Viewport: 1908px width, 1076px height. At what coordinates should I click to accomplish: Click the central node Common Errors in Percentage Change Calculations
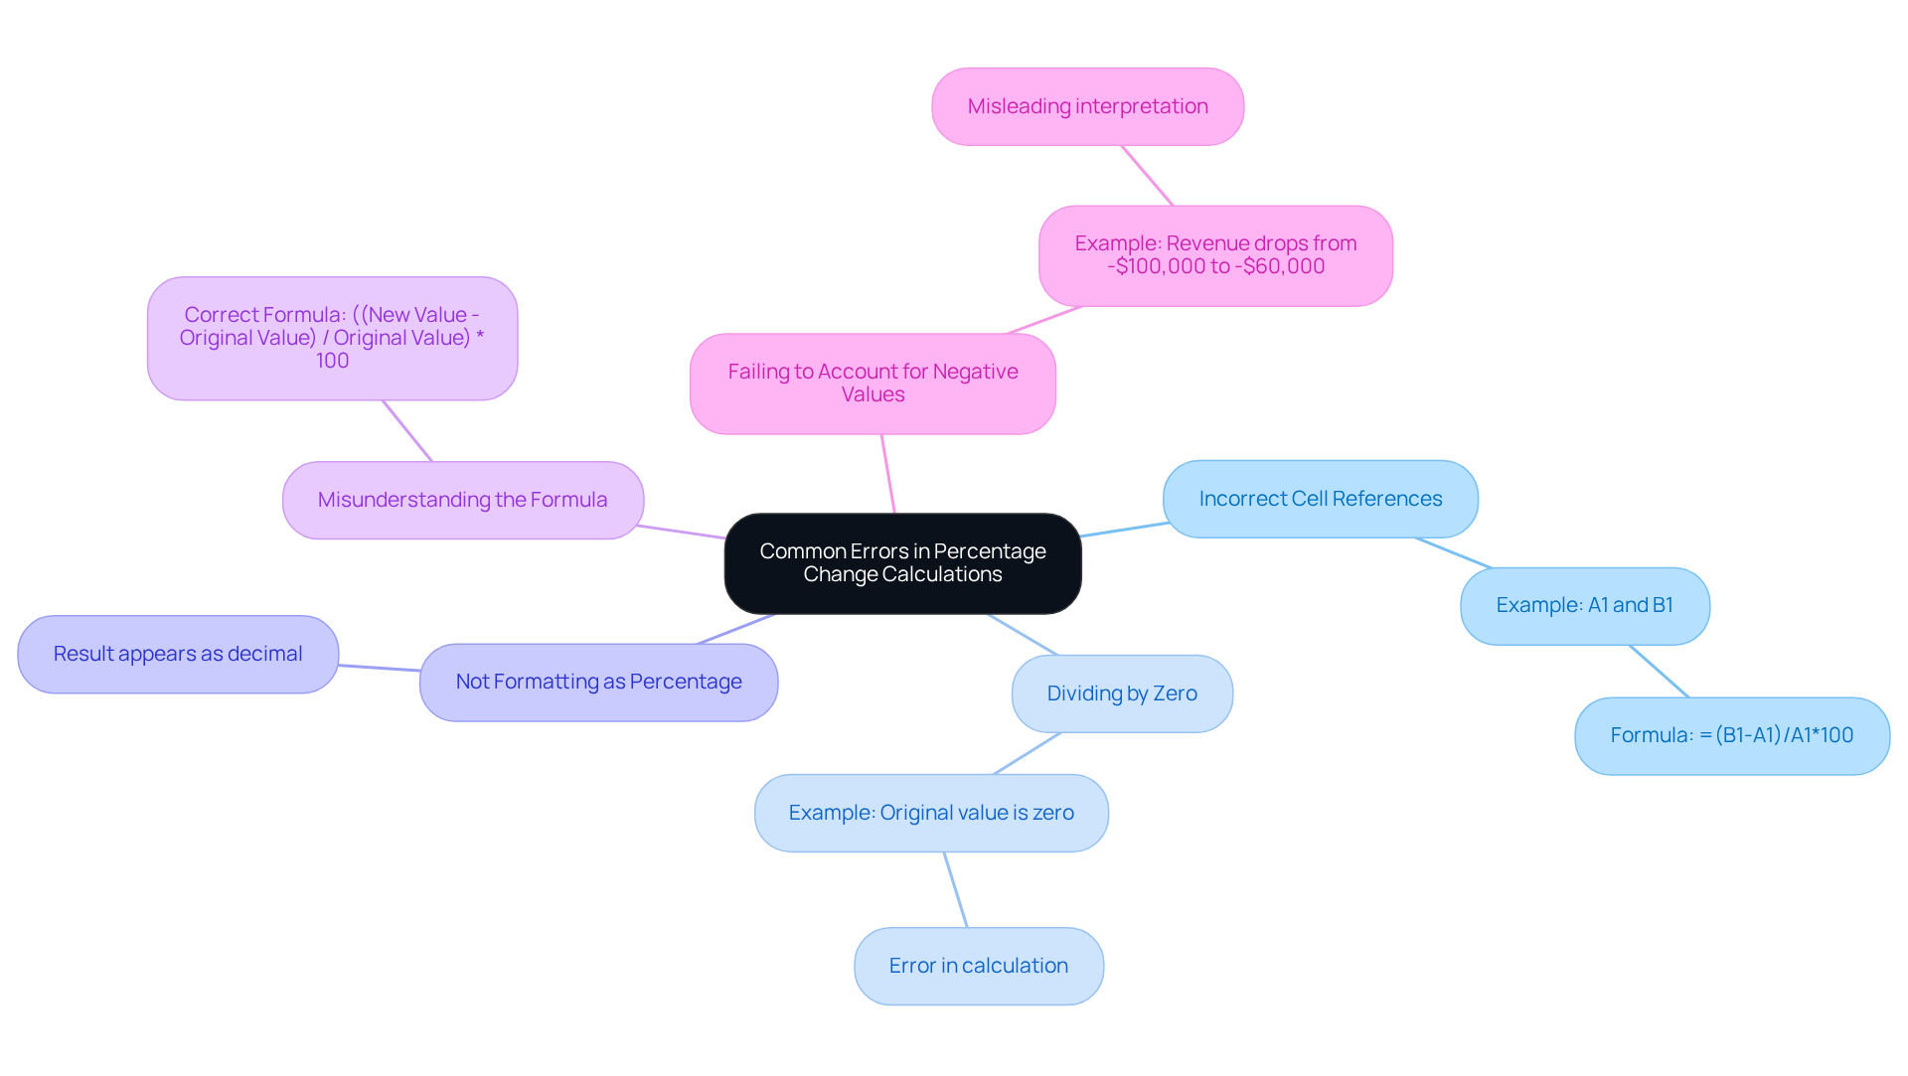pyautogui.click(x=902, y=563)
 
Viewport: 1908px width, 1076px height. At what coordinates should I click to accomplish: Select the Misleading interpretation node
pyautogui.click(x=1087, y=106)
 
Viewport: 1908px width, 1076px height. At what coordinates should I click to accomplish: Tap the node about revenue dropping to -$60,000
pyautogui.click(x=1215, y=255)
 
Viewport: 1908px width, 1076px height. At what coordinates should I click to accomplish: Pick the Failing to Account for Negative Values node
pyautogui.click(x=873, y=384)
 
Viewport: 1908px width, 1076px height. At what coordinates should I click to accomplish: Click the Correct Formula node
pyautogui.click(x=332, y=338)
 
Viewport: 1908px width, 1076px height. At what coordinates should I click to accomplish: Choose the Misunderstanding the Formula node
pyautogui.click(x=462, y=500)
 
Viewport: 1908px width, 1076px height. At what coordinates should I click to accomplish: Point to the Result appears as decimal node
pyautogui.click(x=178, y=654)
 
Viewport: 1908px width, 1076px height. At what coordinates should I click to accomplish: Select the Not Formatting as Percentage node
pyautogui.click(x=598, y=682)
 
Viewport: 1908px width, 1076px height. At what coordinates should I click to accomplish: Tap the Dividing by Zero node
pyautogui.click(x=1122, y=693)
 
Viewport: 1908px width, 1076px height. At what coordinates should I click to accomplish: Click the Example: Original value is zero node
pyautogui.click(x=931, y=813)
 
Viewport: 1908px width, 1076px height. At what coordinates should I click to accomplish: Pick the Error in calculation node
pyautogui.click(x=978, y=966)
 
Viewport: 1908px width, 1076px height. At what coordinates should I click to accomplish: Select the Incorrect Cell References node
pyautogui.click(x=1320, y=499)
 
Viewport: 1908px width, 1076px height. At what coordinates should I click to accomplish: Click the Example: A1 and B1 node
pyautogui.click(x=1584, y=605)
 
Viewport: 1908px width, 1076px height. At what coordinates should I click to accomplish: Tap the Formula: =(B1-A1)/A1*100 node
pyautogui.click(x=1731, y=735)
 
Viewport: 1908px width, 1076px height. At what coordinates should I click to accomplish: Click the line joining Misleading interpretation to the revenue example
pyautogui.click(x=1148, y=176)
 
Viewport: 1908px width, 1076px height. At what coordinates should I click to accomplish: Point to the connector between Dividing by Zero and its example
pyautogui.click(x=1027, y=753)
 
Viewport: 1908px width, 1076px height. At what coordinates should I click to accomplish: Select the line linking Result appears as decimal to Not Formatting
pyautogui.click(x=379, y=668)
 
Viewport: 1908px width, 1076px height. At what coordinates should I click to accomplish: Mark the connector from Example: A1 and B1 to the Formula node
pyautogui.click(x=1659, y=671)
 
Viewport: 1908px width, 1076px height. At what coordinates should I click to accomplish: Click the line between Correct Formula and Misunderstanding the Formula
pyautogui.click(x=407, y=431)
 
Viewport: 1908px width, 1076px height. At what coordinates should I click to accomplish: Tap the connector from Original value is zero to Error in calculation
pyautogui.click(x=955, y=889)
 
